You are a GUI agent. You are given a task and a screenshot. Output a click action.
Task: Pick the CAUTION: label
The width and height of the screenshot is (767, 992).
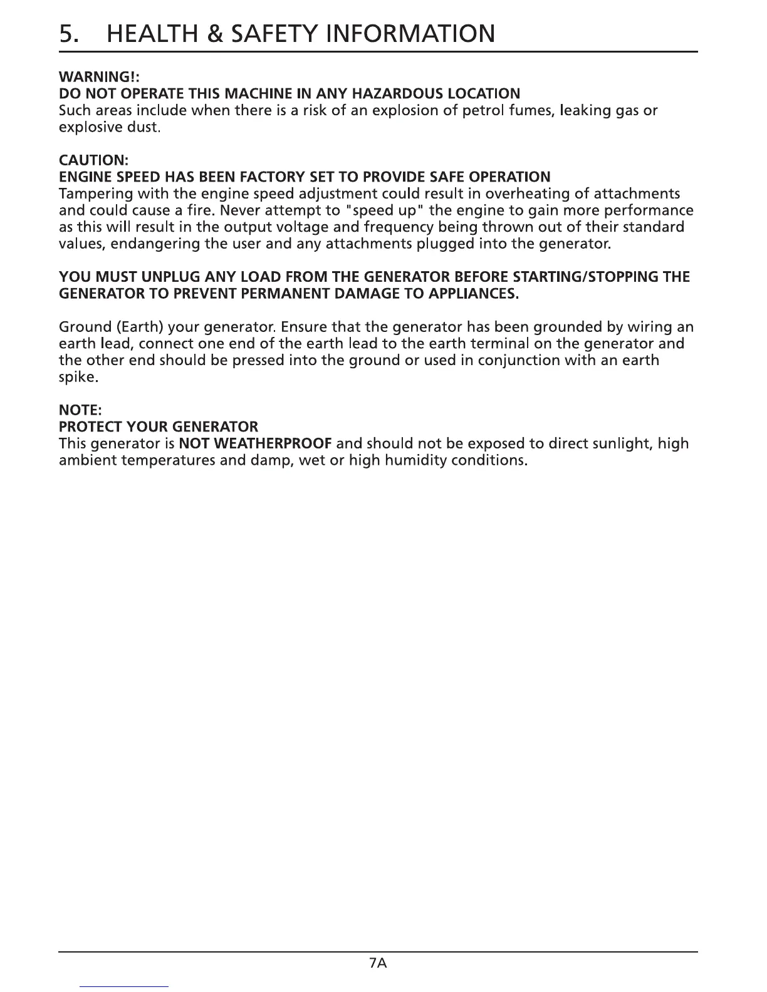[x=93, y=160]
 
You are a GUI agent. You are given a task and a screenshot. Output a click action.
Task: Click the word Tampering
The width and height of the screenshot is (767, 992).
[x=91, y=194]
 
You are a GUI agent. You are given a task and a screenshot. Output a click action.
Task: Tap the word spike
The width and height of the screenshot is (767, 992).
[x=78, y=378]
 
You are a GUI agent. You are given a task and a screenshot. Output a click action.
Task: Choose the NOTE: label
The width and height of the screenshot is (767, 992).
[x=80, y=410]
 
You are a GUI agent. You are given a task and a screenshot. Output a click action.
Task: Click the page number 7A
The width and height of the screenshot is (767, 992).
[x=379, y=963]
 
